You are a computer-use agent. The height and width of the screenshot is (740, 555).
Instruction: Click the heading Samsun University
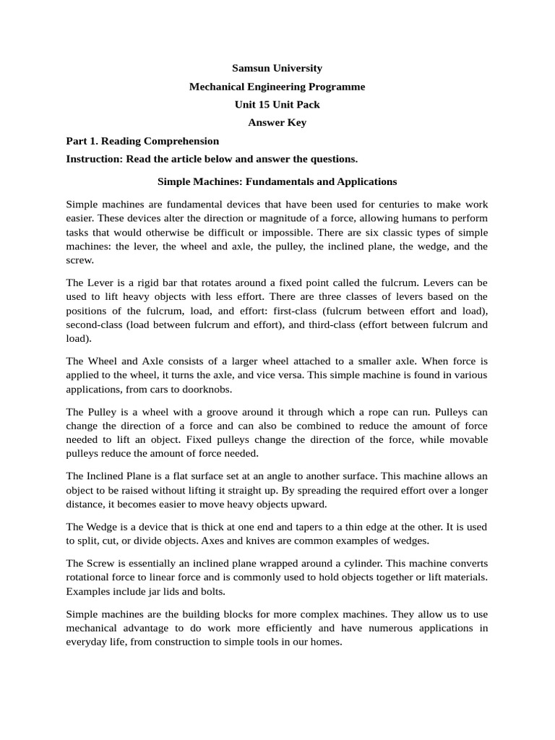click(x=277, y=68)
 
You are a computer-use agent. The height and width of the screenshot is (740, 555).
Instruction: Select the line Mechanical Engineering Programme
click(x=277, y=87)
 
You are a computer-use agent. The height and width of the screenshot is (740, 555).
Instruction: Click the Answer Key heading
click(x=277, y=123)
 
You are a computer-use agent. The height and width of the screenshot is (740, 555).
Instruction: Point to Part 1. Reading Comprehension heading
click(x=142, y=141)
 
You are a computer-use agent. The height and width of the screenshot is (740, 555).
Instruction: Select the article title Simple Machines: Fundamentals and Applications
click(x=277, y=181)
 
